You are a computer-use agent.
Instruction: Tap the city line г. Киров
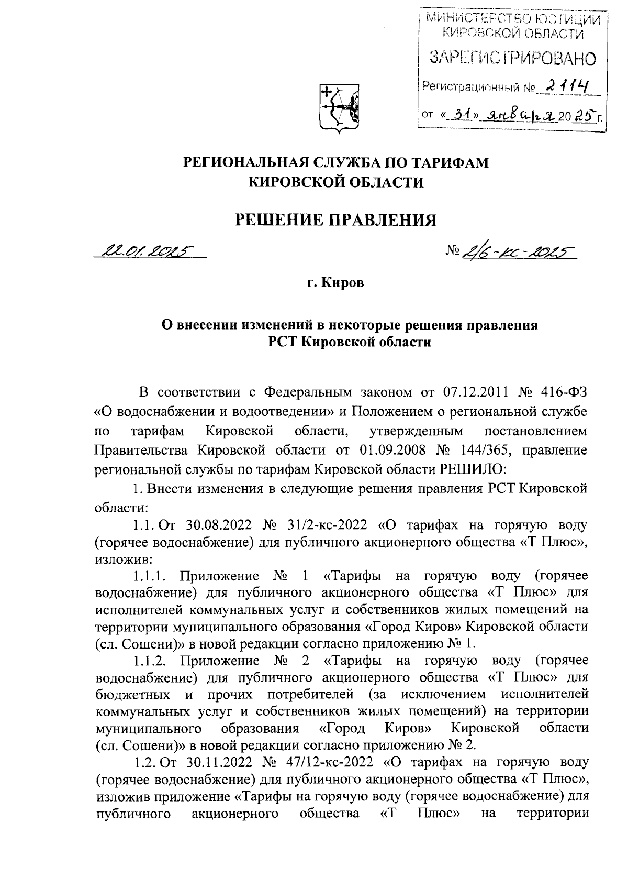(x=335, y=283)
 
